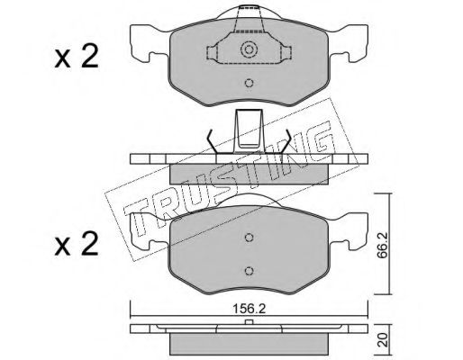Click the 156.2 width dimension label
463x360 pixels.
pos(250,309)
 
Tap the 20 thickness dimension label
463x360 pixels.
pos(381,341)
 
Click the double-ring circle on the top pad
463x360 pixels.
pos(249,49)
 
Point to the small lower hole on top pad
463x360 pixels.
pos(249,83)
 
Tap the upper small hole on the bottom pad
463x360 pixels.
pos(249,238)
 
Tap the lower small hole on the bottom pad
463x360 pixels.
pos(249,271)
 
